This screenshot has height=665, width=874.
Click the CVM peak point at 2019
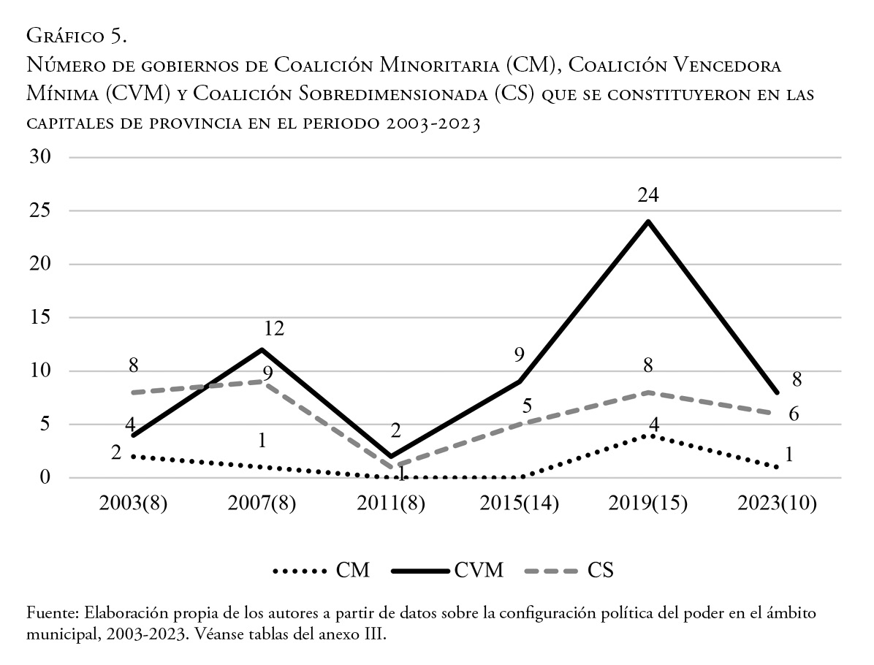coord(648,221)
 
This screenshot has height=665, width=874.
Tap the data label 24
coord(648,195)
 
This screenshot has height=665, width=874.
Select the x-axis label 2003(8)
coord(133,504)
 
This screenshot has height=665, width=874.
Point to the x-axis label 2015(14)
coord(519,504)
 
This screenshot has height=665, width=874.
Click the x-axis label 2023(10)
coord(777,504)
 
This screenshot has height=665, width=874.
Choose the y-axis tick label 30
coord(42,158)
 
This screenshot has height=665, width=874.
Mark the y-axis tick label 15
coord(42,318)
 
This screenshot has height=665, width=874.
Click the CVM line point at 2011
coord(390,457)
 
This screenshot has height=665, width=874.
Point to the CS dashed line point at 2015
coord(519,425)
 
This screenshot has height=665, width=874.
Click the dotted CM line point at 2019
coord(648,436)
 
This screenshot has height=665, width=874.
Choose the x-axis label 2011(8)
coord(390,504)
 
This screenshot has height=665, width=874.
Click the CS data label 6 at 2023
coord(793,414)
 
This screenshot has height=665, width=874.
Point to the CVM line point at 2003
coord(133,436)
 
